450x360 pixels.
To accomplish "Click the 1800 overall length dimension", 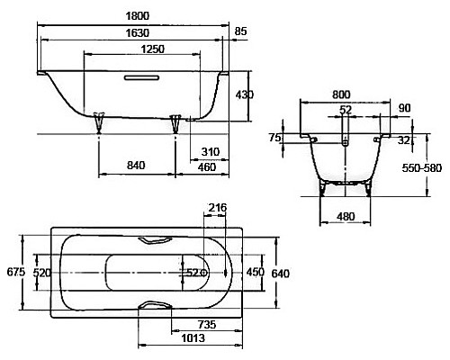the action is click(137, 16).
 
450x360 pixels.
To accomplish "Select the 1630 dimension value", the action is click(137, 32).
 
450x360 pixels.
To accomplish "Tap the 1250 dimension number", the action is click(153, 49).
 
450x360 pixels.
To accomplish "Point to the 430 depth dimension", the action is click(245, 94).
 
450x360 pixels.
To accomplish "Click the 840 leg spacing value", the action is click(136, 166).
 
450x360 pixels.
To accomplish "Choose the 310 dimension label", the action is click(211, 152).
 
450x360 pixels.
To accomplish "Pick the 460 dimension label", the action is click(207, 167).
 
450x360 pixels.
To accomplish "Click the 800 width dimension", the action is click(341, 94).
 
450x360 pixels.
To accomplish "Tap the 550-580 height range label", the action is click(422, 168).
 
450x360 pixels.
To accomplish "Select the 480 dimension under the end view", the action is click(346, 216).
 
